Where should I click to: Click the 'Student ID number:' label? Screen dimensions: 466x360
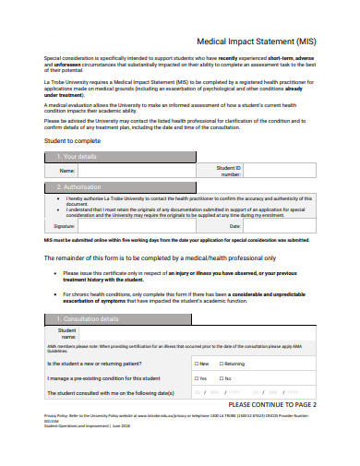230,171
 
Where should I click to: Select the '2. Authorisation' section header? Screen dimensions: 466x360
81,186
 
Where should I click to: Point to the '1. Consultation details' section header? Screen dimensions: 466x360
89,318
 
